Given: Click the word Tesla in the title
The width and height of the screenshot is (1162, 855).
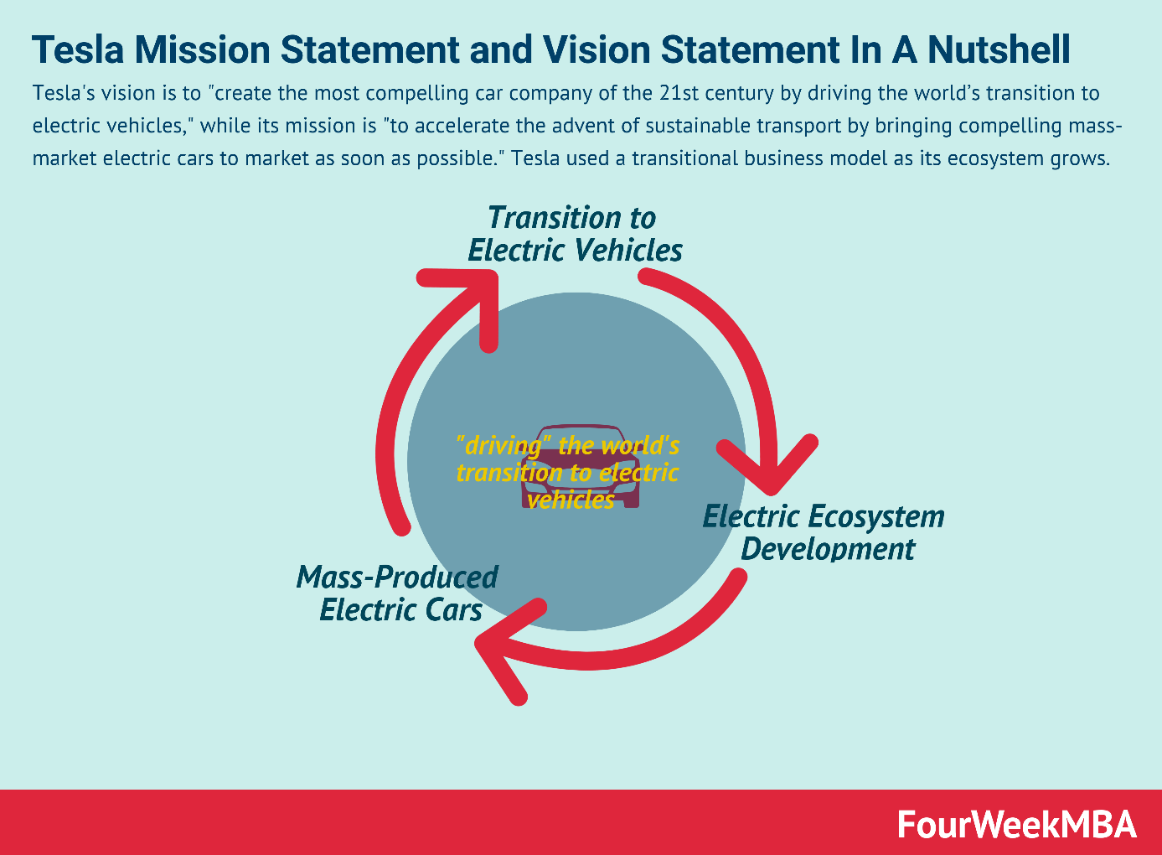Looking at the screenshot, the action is tap(78, 50).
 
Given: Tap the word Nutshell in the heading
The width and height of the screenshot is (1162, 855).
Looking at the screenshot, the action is tap(999, 50).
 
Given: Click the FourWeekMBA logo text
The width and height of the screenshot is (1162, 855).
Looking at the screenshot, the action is tap(1017, 824).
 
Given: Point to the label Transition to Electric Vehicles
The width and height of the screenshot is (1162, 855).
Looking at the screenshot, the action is tap(575, 234).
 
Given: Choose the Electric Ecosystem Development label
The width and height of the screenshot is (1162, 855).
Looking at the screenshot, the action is tap(824, 532).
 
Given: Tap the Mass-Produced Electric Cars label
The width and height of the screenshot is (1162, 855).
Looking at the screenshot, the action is tap(397, 593).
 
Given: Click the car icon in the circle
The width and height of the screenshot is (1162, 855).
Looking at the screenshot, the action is tap(580, 466).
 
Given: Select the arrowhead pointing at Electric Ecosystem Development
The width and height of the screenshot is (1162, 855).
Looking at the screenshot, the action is tap(767, 464).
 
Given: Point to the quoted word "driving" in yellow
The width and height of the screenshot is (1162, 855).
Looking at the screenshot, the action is tap(492, 446).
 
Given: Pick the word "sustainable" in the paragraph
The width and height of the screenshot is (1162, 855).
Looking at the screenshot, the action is tap(695, 126).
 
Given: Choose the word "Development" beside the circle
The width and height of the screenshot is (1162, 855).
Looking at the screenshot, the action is tap(828, 549).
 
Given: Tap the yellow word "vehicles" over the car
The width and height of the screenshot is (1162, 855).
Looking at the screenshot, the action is tap(571, 500).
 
